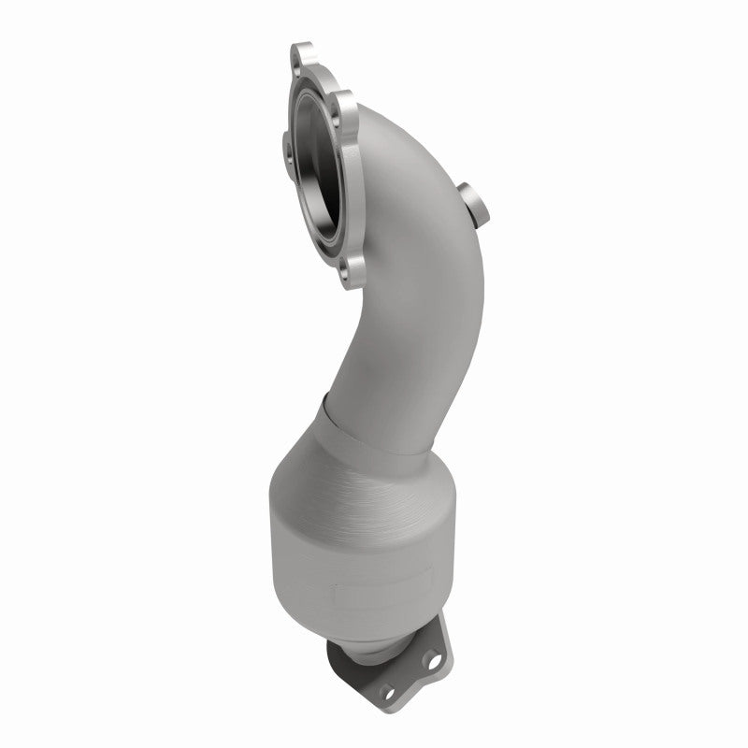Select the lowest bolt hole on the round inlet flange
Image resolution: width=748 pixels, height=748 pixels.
pos(348,274)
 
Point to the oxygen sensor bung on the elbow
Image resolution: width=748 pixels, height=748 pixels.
pos(474,202)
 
